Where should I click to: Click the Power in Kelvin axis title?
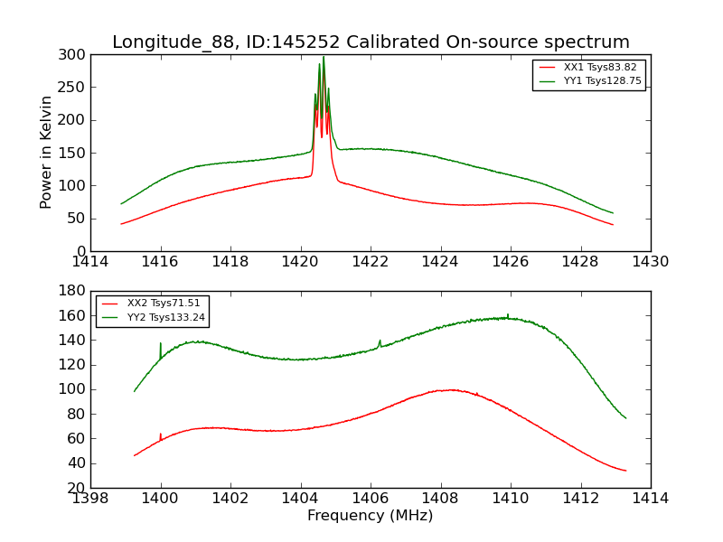[46, 152]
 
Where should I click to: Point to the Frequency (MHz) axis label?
[370, 516]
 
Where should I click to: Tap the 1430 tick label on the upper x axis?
[650, 262]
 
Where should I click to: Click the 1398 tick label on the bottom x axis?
[90, 499]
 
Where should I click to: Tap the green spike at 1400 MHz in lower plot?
[161, 344]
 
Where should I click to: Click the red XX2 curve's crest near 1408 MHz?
[449, 389]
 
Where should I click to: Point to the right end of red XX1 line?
[613, 224]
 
